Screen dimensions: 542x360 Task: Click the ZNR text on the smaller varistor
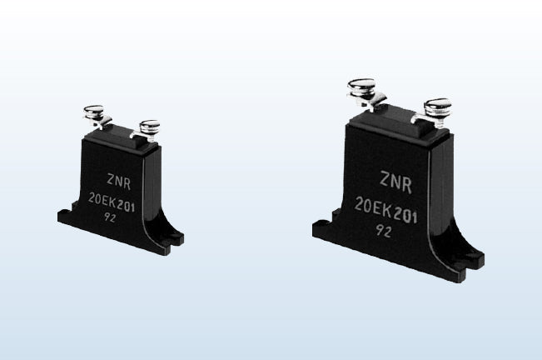pos(119,182)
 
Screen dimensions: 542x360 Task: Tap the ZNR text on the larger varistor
pos(396,182)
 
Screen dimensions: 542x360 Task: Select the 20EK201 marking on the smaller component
pos(112,202)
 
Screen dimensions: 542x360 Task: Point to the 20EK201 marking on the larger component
pos(386,210)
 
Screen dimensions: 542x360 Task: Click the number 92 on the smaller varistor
pos(110,217)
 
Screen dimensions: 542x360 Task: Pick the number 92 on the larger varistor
pos(384,231)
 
